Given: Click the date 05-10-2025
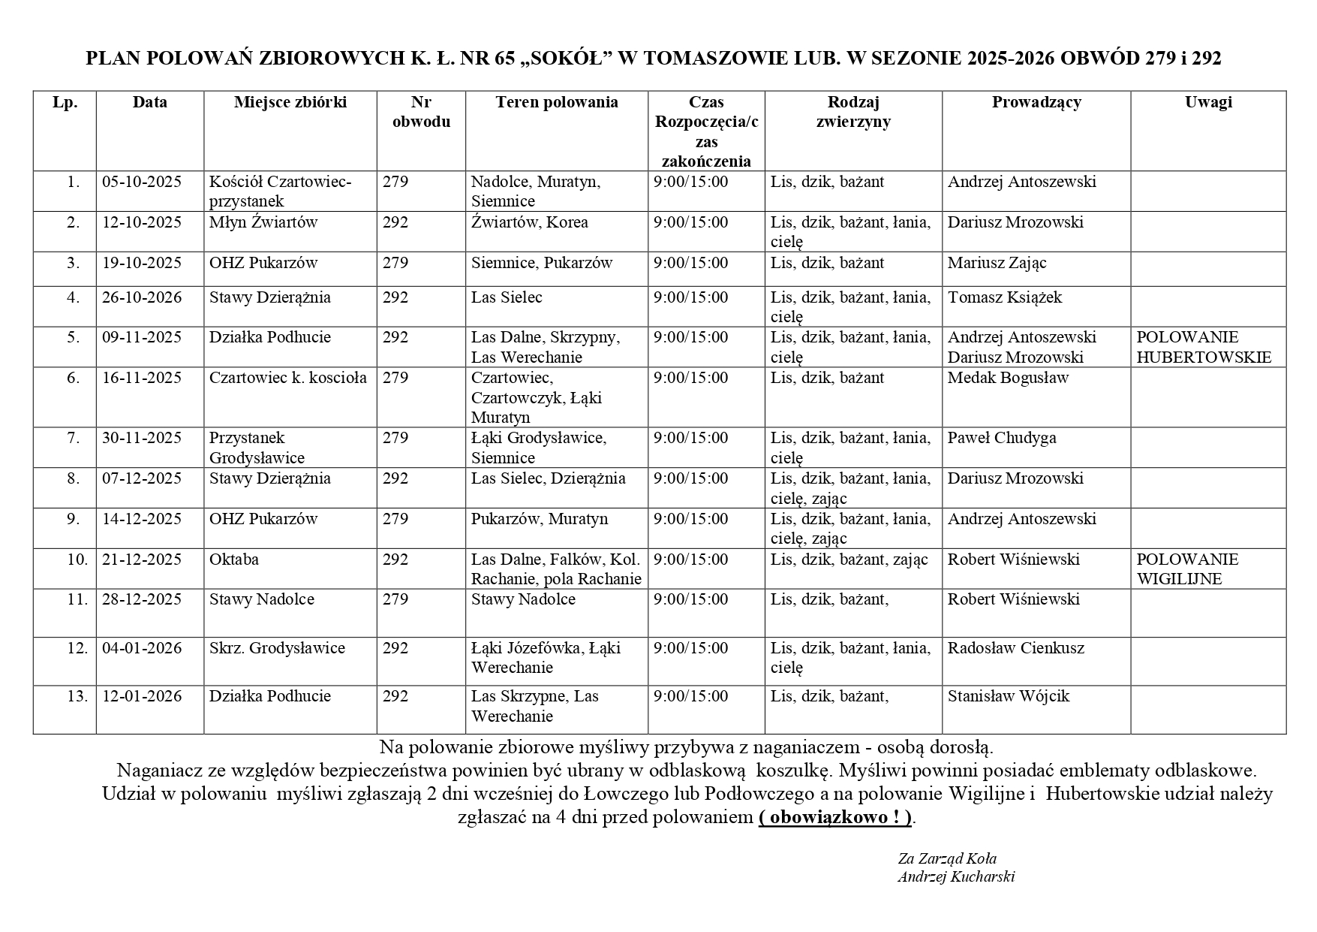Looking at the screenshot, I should coord(142,182).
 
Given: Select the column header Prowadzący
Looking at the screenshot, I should coord(1036,102).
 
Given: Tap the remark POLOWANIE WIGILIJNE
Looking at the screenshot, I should coord(1187,569).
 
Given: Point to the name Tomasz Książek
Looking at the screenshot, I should coord(1004,297).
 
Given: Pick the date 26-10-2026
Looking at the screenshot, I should coord(142,297).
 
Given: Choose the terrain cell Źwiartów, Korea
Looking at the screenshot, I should coord(529,222).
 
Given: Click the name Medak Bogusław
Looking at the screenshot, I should coord(1007,378).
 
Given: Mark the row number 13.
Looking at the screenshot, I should coord(77,696).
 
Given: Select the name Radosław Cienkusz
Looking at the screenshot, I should coord(1015,648).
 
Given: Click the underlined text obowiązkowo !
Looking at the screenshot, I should coord(834,818).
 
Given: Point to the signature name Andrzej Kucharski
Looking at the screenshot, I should coord(955,876).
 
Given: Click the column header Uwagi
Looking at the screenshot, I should coord(1208,102).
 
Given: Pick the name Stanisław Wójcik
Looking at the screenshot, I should coord(1008,696).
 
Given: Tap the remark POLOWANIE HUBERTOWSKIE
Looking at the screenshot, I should coord(1204,347).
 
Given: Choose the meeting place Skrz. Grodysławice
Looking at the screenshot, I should coord(277,648).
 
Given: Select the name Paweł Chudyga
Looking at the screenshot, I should coord(1001,438).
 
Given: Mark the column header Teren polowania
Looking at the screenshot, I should coord(556,102).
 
